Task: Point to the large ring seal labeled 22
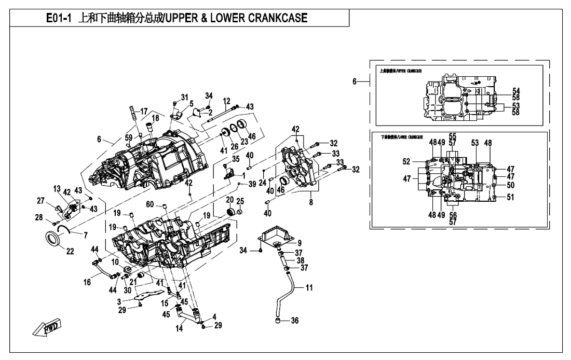pos(53,239)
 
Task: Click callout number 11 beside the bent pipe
pos(309,287)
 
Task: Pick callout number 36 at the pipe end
pos(294,321)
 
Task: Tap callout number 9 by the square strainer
pos(299,243)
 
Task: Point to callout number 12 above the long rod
pos(226,100)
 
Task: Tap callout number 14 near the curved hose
pos(180,328)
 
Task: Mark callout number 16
pos(87,282)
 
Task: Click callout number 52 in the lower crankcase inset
pos(406,161)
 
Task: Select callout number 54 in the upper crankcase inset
pos(516,90)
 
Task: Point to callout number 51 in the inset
pos(510,197)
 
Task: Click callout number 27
pos(40,201)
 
